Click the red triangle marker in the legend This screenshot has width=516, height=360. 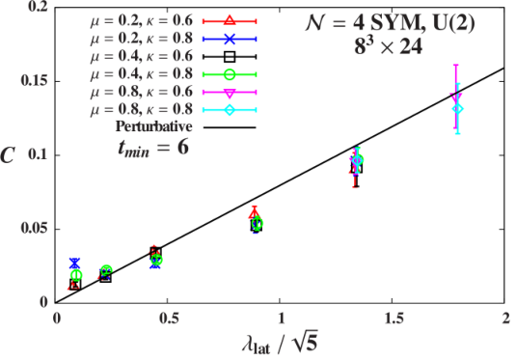click(x=230, y=20)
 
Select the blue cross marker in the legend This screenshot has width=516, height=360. click(x=230, y=39)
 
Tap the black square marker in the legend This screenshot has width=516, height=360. click(x=230, y=57)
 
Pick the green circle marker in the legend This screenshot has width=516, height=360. click(x=230, y=74)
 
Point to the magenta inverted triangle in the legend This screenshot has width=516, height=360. click(x=230, y=93)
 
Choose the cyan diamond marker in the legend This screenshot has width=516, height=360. click(x=230, y=110)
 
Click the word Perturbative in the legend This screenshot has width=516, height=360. click(x=153, y=126)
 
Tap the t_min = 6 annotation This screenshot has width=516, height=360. click(x=153, y=148)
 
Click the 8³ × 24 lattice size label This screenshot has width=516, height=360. click(x=389, y=47)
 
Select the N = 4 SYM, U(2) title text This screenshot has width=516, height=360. click(x=391, y=24)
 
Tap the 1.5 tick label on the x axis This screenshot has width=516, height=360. click(x=393, y=318)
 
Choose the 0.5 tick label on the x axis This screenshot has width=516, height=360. click(x=168, y=318)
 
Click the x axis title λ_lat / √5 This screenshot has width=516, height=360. click(x=281, y=345)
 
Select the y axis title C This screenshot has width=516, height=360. click(x=8, y=154)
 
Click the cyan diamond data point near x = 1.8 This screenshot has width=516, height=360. click(x=458, y=109)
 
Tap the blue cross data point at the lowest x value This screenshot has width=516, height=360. click(x=75, y=263)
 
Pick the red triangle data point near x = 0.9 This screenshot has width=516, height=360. click(x=254, y=214)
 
